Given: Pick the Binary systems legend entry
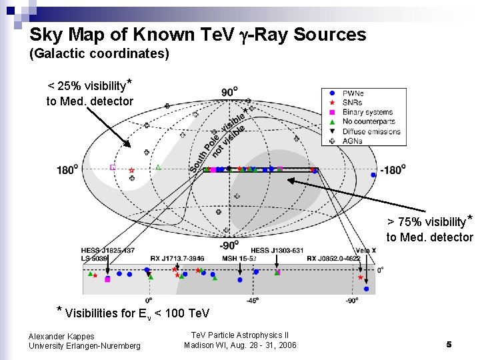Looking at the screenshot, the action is coord(367,112).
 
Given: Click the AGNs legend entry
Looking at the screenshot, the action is coord(353,141).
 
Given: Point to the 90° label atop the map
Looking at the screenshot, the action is coord(229,92).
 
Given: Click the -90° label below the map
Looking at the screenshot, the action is coord(229,244).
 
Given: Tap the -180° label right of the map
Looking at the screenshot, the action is coord(392,170).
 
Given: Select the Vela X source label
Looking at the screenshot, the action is coord(365,251).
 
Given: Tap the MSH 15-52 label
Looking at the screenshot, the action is coord(239,258).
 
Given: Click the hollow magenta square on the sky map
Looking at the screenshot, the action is coord(113,168).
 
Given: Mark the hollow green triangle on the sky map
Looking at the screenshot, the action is coord(158,167).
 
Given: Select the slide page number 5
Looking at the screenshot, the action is coord(449,344).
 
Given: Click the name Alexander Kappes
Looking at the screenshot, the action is coord(61,337).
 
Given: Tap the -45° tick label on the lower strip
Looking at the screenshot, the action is coord(253,301).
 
